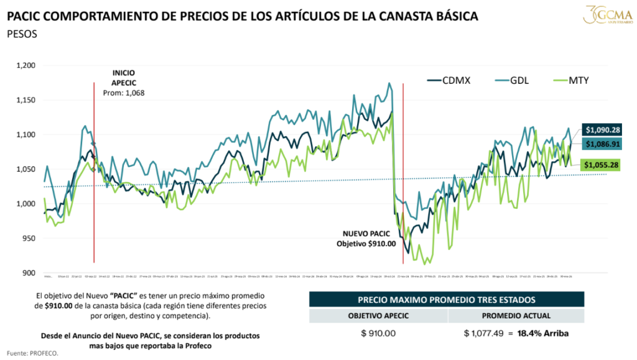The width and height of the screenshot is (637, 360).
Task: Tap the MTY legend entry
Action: tap(572, 80)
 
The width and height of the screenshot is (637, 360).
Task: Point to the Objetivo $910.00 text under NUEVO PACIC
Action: tap(366, 244)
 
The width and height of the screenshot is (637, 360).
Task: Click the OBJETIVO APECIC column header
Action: tap(378, 315)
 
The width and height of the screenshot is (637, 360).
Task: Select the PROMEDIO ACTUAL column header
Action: tap(516, 315)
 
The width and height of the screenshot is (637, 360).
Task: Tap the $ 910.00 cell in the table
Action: tap(378, 334)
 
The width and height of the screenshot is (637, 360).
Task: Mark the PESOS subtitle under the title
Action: tap(22, 34)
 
